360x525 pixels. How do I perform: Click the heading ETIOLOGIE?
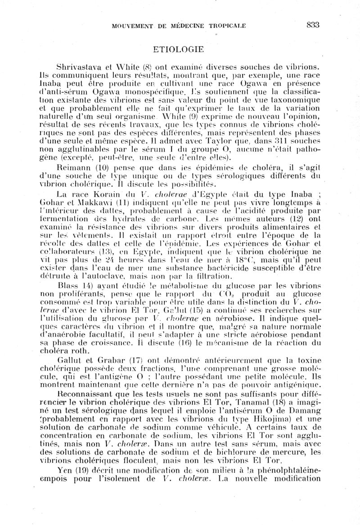coord(179,49)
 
